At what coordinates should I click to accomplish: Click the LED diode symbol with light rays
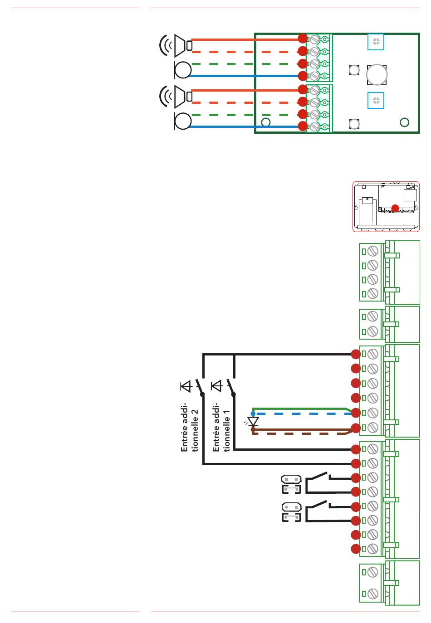(253, 422)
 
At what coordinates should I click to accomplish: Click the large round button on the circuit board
(377, 74)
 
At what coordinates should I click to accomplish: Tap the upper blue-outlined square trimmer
(376, 42)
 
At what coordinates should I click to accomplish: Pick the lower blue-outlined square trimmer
(376, 100)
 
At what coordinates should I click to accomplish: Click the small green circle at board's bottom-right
(404, 122)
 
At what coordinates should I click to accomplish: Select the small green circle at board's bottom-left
(266, 122)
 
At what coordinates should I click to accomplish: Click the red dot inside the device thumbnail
(395, 208)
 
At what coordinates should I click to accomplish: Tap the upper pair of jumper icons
(291, 484)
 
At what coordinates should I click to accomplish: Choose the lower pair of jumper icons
(291, 512)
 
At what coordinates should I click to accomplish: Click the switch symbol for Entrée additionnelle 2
(200, 387)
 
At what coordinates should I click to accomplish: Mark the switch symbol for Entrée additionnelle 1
(231, 387)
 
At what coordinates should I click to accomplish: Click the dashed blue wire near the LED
(299, 414)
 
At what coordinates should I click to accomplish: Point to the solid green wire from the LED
(299, 409)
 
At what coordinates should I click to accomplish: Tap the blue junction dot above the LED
(253, 414)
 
